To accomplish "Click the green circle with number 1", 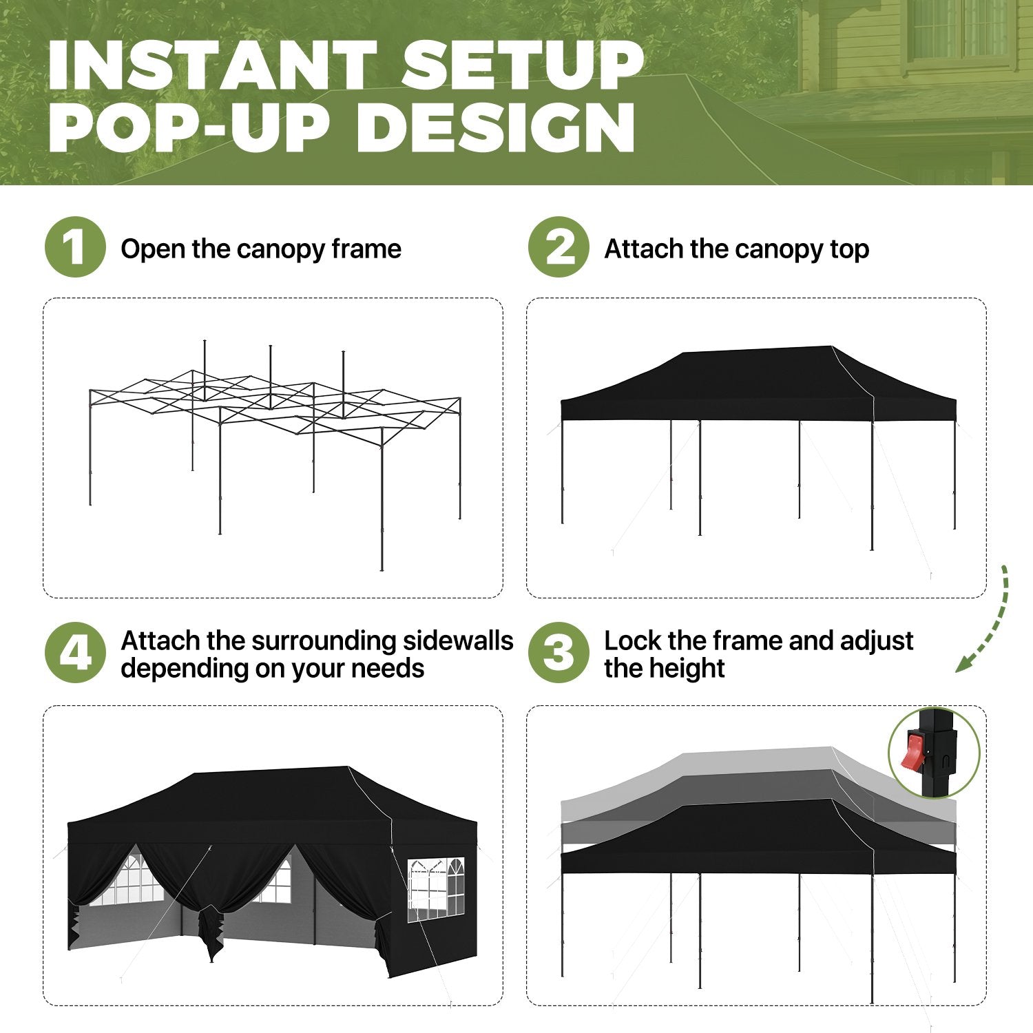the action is [75, 247].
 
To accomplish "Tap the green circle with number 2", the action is [559, 247].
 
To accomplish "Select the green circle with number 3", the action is [559, 653].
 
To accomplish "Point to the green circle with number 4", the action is [75, 653].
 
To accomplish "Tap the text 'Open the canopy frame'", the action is [261, 249].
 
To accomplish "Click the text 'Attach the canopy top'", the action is [736, 249].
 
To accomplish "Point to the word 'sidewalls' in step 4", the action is [458, 640].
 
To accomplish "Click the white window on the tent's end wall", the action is [436, 890].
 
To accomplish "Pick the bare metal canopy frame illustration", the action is [274, 455].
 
